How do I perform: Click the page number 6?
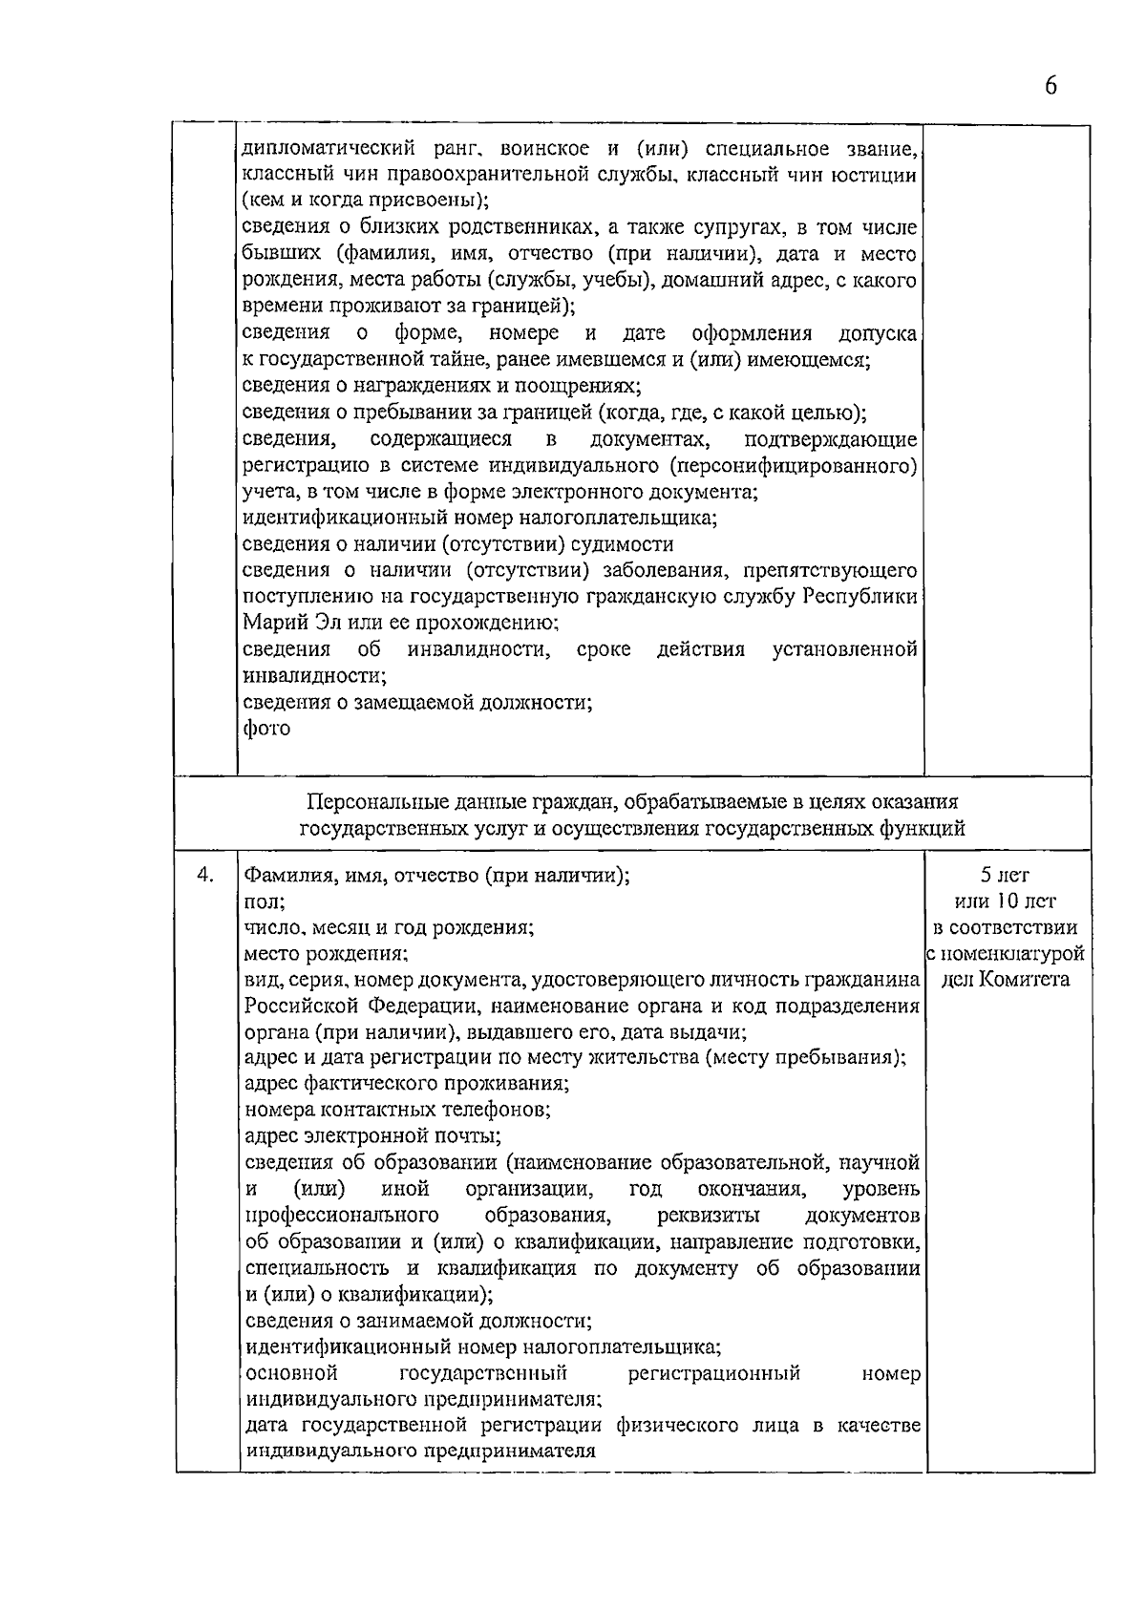(x=1050, y=86)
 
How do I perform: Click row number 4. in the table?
(x=203, y=875)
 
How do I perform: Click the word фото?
(x=266, y=729)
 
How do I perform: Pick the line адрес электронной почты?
(x=373, y=1136)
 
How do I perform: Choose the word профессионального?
(x=342, y=1216)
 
